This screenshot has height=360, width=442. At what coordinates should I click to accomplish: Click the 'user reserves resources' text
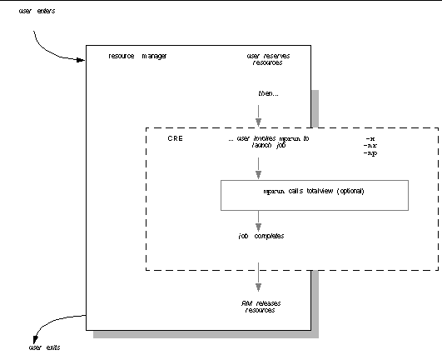point(267,59)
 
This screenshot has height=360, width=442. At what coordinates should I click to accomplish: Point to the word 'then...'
point(268,92)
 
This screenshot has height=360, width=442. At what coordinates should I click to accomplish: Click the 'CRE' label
point(175,139)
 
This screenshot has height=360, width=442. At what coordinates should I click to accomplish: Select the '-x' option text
point(370,138)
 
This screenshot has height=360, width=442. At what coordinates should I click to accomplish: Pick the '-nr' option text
point(371,147)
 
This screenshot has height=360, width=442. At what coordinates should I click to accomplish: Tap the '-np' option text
point(371,155)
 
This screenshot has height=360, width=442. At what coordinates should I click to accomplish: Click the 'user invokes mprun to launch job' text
point(268,142)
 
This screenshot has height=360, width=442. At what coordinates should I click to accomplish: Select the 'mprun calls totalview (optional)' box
point(315,194)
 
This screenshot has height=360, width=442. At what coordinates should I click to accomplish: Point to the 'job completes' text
point(261,236)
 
